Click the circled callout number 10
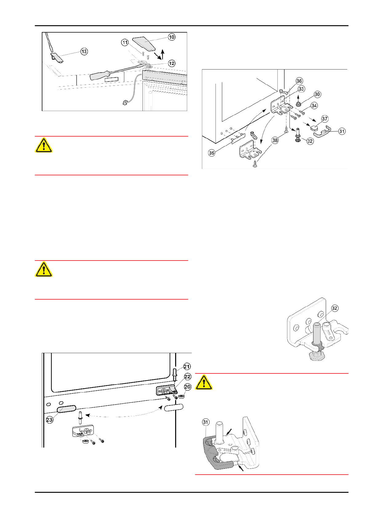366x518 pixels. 171,37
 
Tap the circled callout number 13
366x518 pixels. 84,51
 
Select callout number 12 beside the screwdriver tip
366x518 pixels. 171,63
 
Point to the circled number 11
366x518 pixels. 125,42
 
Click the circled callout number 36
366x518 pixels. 299,81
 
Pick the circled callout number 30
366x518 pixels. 317,94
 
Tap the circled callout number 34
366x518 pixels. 314,106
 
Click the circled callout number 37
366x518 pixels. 325,119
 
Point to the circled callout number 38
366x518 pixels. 275,140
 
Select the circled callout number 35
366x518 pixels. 212,153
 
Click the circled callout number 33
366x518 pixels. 301,89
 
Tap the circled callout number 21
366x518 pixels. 187,366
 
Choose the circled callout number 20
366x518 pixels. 187,387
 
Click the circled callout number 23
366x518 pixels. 49,420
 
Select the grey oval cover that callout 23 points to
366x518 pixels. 66,409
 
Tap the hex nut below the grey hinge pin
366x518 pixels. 317,356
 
